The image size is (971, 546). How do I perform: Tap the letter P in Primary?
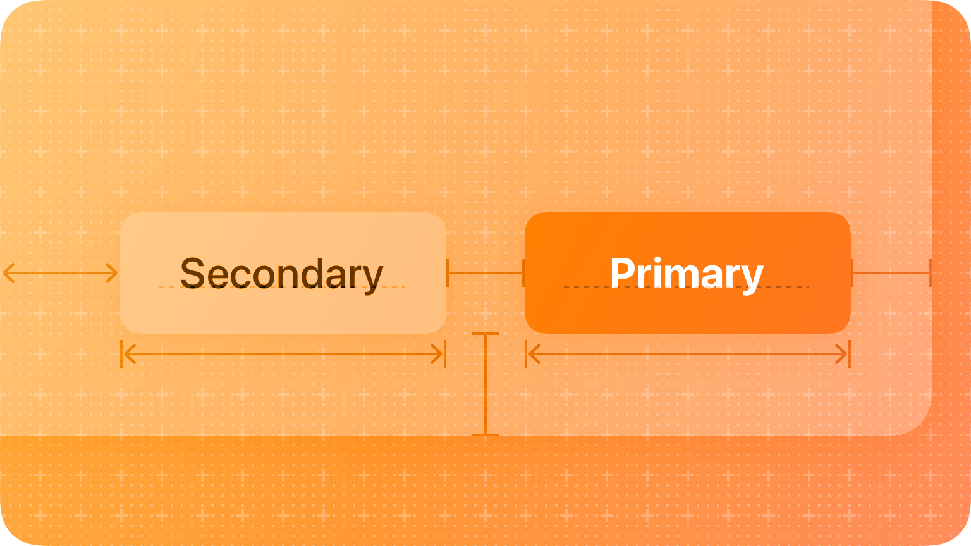click(622, 272)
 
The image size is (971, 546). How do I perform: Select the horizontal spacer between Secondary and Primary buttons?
click(485, 273)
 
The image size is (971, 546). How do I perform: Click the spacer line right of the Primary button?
click(891, 273)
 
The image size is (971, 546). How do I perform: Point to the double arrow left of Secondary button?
click(60, 273)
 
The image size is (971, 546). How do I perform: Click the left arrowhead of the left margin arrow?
click(9, 273)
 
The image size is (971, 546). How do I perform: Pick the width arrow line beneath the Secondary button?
click(283, 354)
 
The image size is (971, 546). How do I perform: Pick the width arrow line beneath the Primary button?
click(688, 354)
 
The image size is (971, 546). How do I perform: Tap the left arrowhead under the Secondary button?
click(130, 354)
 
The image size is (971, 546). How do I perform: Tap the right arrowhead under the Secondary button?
click(437, 354)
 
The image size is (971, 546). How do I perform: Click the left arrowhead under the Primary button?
click(534, 354)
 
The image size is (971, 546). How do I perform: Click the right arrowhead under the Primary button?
click(841, 354)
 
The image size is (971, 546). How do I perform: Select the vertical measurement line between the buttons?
click(485, 384)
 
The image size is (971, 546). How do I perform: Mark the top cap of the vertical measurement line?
click(485, 334)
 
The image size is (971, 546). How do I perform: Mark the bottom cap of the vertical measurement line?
click(485, 435)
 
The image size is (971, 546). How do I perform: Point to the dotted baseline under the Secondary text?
click(282, 287)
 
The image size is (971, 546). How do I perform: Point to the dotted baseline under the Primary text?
click(687, 287)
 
